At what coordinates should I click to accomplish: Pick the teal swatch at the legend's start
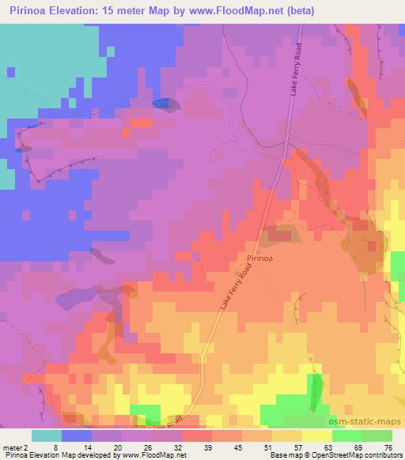tap(47, 435)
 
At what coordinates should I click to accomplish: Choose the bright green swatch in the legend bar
tap(347, 435)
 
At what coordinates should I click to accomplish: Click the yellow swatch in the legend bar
tap(317, 435)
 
